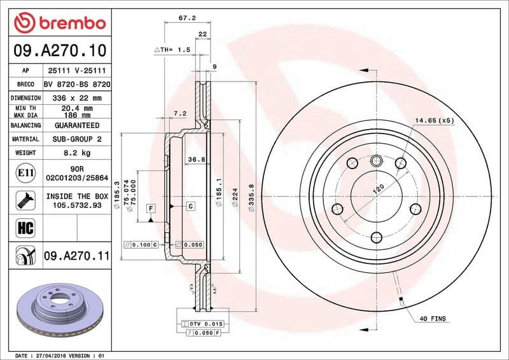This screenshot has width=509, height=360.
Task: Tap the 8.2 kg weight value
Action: (x=77, y=153)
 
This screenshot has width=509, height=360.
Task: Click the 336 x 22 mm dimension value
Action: (x=77, y=98)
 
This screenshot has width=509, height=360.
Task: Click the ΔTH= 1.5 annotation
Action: (x=172, y=49)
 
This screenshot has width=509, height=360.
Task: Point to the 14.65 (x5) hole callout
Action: (x=435, y=120)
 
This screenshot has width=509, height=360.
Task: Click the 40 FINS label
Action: (x=433, y=318)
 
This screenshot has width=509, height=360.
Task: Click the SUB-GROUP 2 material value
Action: (x=77, y=139)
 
